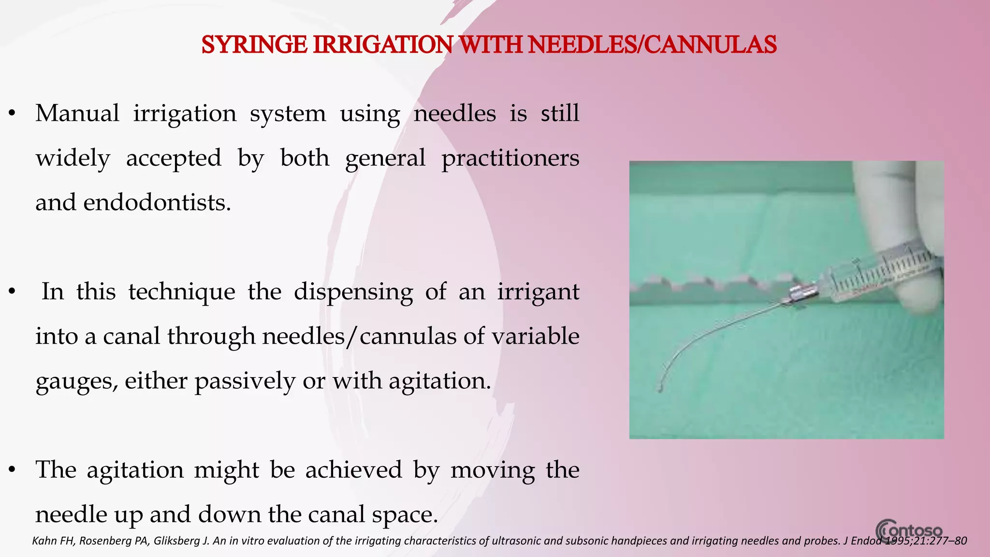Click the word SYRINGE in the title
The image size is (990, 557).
254,45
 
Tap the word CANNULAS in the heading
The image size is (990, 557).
710,45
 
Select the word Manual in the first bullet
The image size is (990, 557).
77,114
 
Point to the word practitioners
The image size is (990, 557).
510,159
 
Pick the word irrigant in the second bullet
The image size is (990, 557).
538,292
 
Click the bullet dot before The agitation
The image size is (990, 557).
13,470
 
